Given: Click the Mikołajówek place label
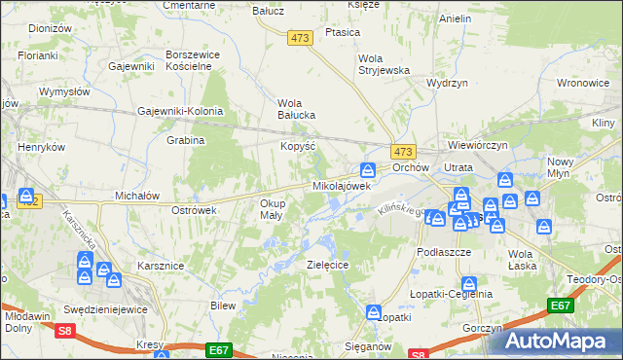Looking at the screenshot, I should pos(341,185).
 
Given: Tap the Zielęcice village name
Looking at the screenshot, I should pos(327,264).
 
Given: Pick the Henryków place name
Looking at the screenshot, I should pos(41,147).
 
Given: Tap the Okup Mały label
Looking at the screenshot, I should pos(272,209).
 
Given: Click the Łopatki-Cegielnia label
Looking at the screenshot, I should pos(451,294).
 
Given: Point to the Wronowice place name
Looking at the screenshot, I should pos(584,84).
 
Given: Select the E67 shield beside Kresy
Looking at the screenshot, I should pos(219,348).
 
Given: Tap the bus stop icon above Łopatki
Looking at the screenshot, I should pos(374,312).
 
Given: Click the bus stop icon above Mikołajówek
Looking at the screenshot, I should pos(368,169).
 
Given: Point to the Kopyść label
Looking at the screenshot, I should pos(295,144).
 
